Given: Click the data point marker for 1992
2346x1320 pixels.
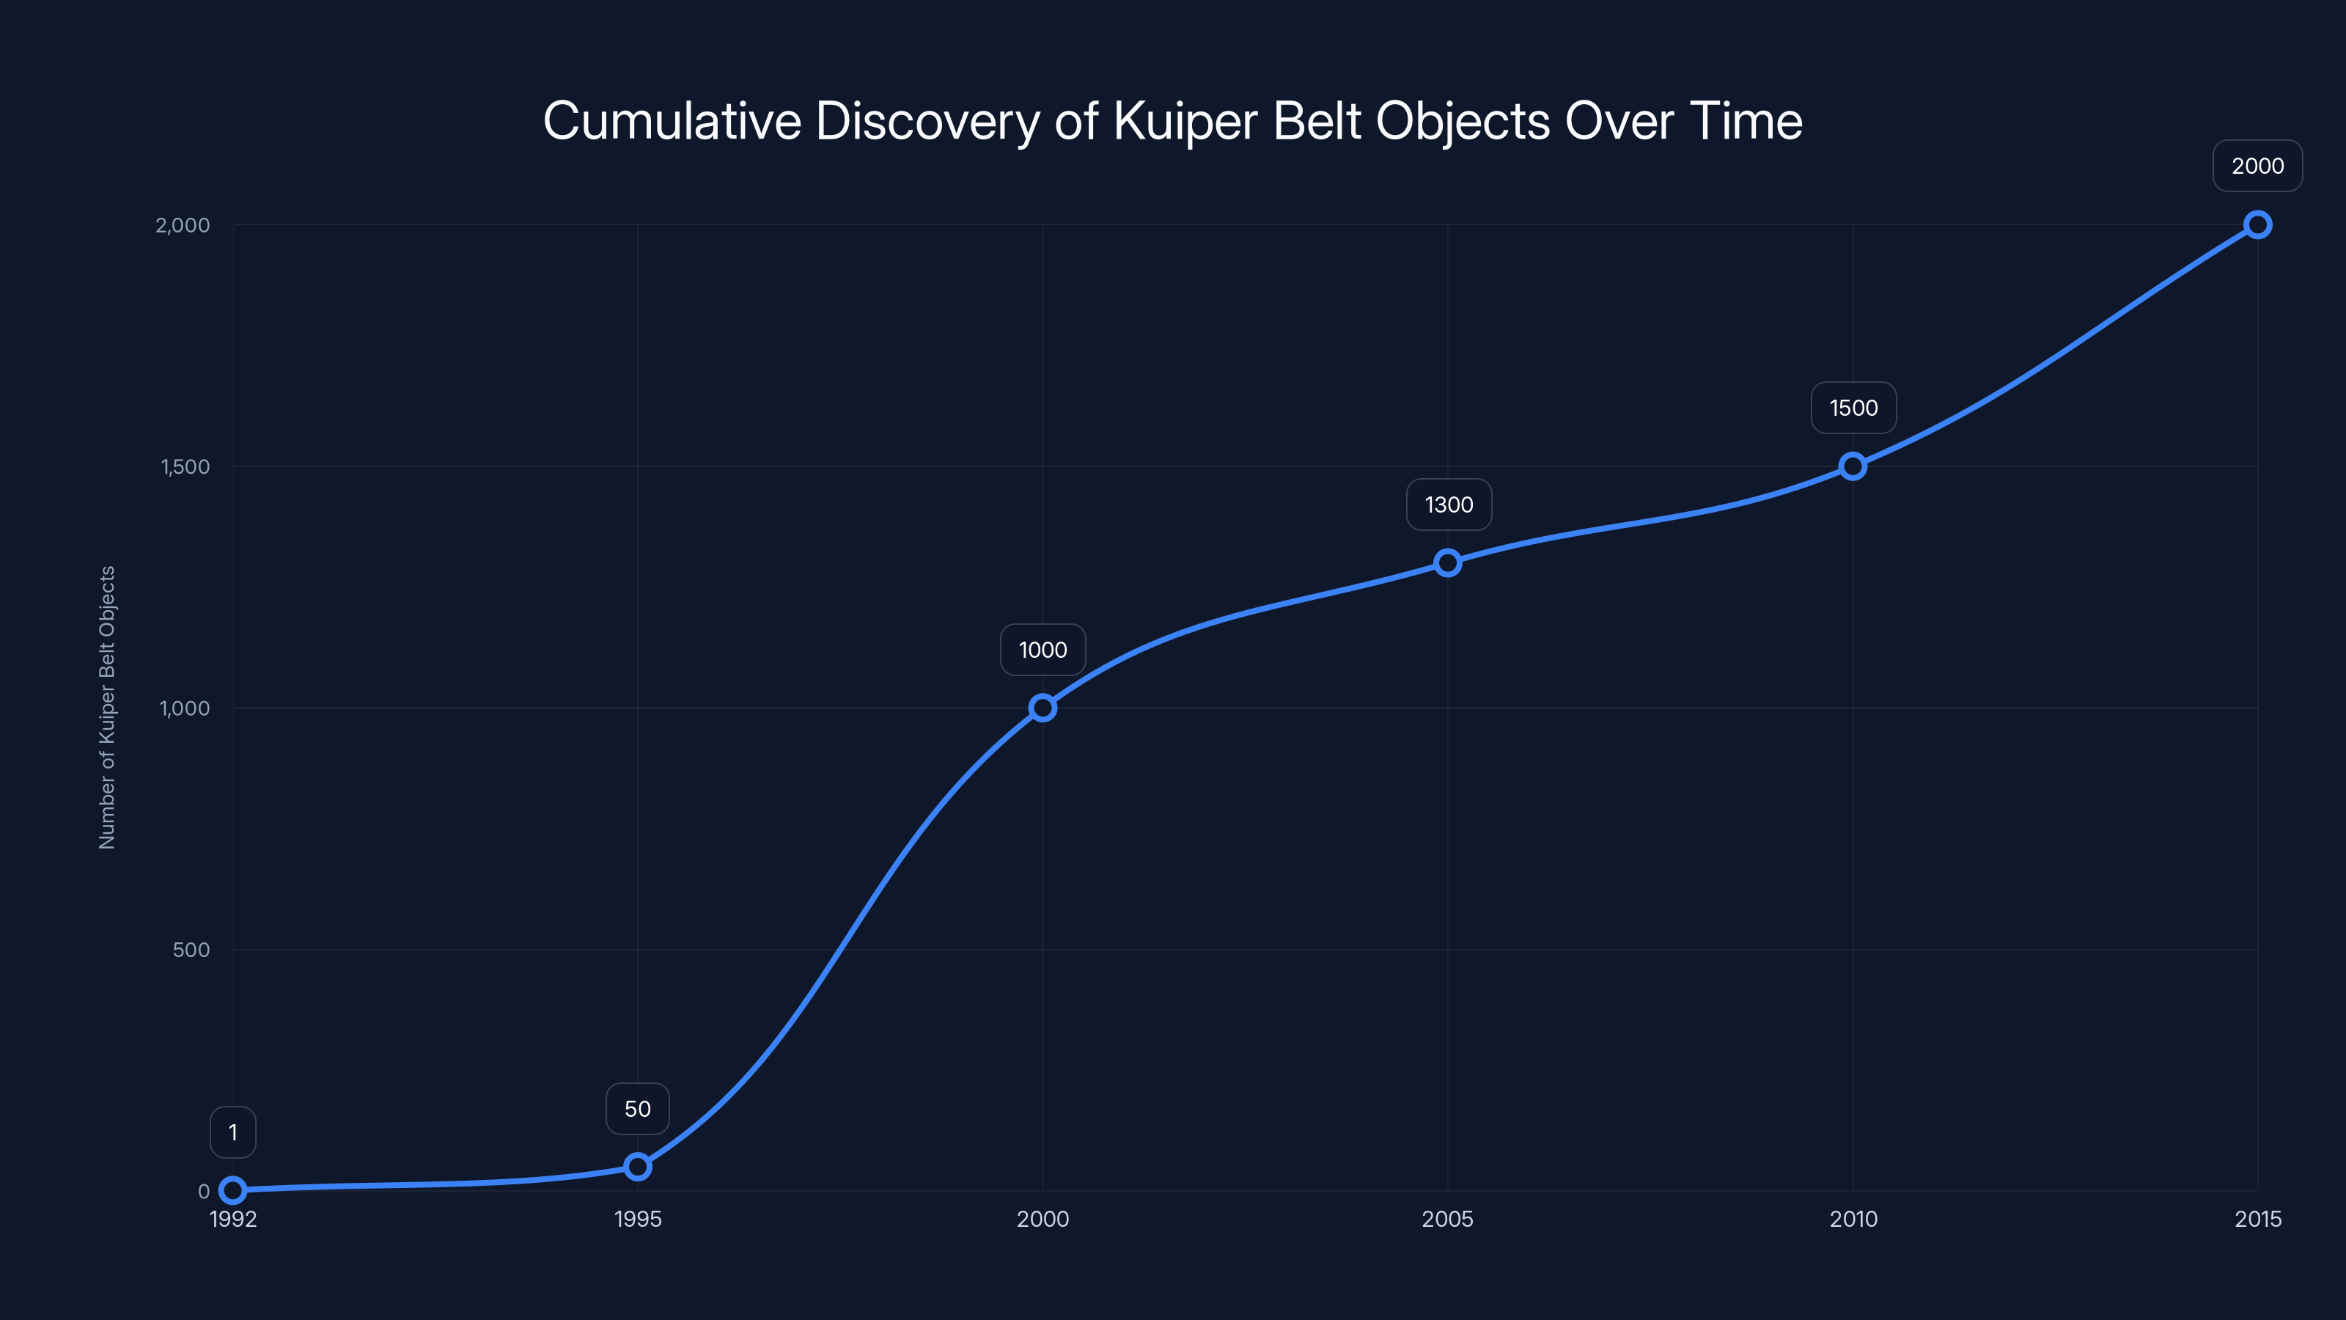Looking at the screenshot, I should (233, 1189).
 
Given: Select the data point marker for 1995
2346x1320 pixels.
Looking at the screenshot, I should (638, 1166).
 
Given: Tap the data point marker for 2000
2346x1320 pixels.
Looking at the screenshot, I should (1043, 708).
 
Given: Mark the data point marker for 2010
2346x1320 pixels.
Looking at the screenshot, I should (1853, 466).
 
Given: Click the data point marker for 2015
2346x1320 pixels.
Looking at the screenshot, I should (2258, 225).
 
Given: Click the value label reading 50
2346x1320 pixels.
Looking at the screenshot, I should (638, 1109).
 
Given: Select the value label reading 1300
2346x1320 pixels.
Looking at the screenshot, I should (1449, 505).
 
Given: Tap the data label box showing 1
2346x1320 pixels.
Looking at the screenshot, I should (233, 1132).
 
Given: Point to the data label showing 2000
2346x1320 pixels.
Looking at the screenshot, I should (2258, 166).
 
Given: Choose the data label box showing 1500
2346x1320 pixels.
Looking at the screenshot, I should (1853, 408).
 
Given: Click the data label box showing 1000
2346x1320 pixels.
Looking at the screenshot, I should (1043, 650).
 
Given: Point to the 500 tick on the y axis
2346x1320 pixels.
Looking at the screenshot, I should (191, 949).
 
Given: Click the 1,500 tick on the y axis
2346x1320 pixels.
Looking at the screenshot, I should (185, 466).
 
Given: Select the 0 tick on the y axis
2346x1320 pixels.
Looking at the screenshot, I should (204, 1191).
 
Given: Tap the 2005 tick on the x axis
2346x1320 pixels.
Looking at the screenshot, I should (1448, 1219).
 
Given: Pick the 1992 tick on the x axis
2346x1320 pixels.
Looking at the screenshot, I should (233, 1219).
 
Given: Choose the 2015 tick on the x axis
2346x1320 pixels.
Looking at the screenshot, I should (2258, 1219).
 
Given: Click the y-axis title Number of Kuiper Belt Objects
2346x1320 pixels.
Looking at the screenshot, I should (108, 708).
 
